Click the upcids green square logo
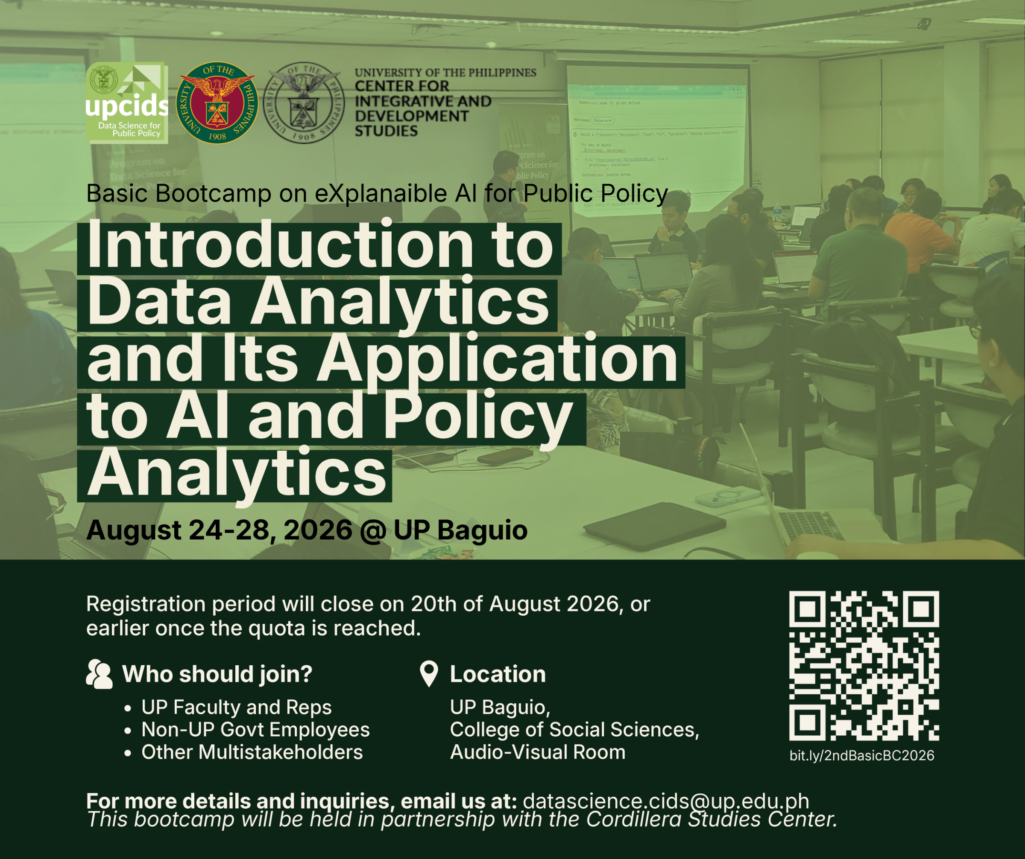coord(127,103)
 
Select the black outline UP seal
coord(304,103)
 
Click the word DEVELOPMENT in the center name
coord(411,116)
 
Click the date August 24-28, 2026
coord(219,530)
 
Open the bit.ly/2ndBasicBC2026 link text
coord(862,756)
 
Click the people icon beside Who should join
coord(99,674)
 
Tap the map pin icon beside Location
coord(428,674)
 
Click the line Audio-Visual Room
coord(537,752)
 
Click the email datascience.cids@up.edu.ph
coord(666,801)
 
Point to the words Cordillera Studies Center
coord(711,819)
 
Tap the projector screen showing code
coord(657,141)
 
